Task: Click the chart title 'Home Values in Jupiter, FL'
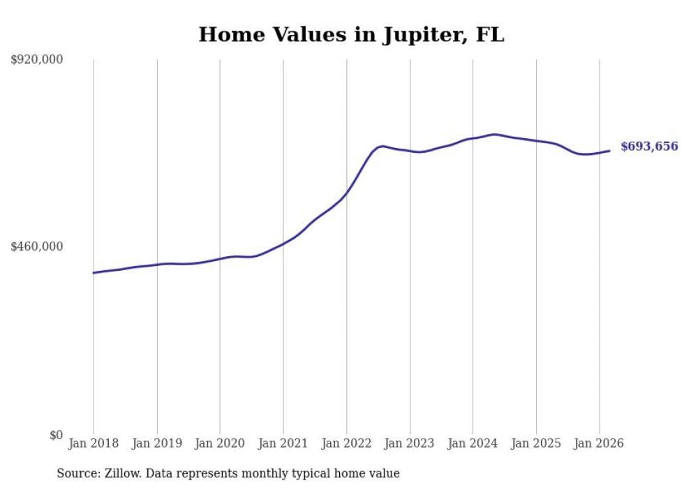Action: (x=351, y=34)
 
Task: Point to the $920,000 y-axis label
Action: (x=37, y=60)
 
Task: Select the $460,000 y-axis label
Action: (x=37, y=246)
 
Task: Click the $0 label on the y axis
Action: (x=56, y=435)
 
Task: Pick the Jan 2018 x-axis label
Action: (x=94, y=443)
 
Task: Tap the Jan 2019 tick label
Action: (x=157, y=443)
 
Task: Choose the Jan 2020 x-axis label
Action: (x=220, y=443)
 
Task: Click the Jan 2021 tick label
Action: (x=283, y=443)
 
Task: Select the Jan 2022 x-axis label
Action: (x=347, y=443)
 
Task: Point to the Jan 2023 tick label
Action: (x=410, y=443)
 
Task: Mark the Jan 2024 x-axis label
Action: (x=473, y=443)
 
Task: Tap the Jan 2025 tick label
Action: (x=536, y=443)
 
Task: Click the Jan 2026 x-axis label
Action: (x=600, y=443)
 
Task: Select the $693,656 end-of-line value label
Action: (x=649, y=147)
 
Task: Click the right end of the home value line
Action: (x=609, y=150)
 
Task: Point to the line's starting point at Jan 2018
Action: (x=94, y=273)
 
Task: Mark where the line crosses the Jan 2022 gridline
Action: (x=347, y=192)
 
